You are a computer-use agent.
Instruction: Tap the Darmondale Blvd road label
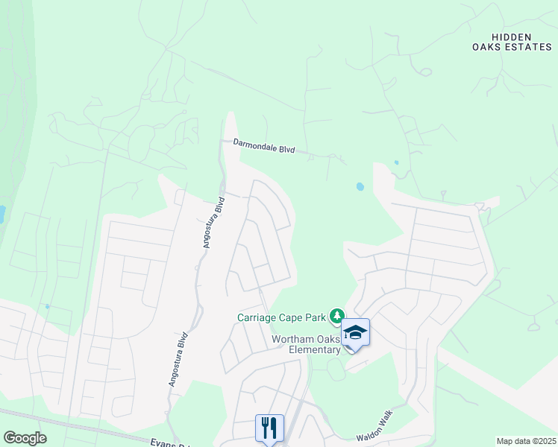[x=264, y=145]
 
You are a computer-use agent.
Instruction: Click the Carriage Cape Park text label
[x=282, y=317]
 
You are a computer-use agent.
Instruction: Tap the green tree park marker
[x=337, y=317]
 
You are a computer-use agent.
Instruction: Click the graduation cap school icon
[x=355, y=332]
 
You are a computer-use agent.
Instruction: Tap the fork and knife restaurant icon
[x=269, y=428]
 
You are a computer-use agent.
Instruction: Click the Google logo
[x=25, y=438]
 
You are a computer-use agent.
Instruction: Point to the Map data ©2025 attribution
[x=525, y=441]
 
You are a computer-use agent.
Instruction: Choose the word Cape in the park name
[x=297, y=317]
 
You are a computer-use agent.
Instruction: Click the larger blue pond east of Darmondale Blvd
[x=360, y=187]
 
